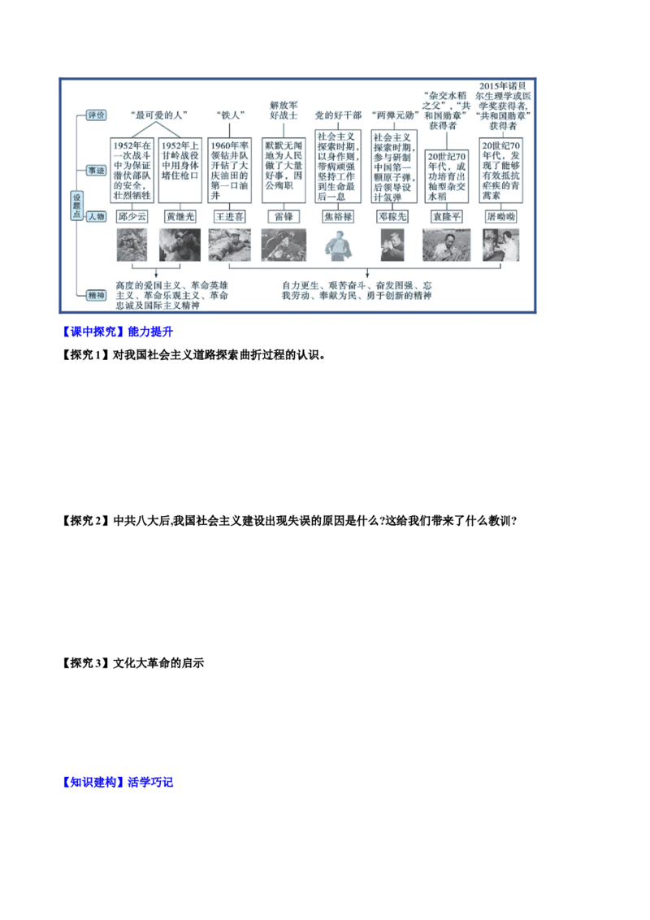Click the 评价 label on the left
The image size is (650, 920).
click(x=96, y=115)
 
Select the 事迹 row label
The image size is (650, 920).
click(x=96, y=171)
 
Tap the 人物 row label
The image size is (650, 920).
click(x=96, y=217)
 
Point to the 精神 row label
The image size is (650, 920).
click(x=96, y=296)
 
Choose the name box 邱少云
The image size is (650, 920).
click(x=132, y=217)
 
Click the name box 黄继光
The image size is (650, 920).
click(x=180, y=217)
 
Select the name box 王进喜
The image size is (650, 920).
click(x=229, y=217)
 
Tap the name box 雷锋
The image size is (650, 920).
click(x=284, y=217)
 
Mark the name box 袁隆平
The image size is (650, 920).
click(x=446, y=217)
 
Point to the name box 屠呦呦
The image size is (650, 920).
click(x=500, y=217)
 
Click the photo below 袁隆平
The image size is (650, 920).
click(x=446, y=245)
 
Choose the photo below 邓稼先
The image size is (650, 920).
click(x=393, y=245)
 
